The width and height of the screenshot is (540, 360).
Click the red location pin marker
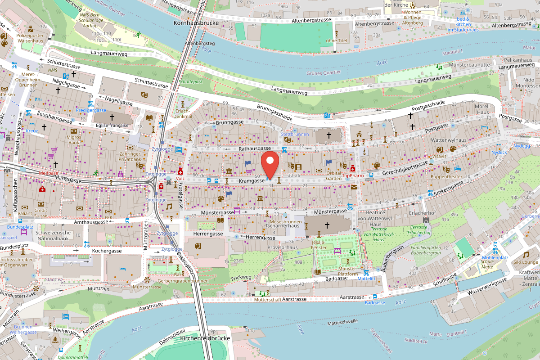coord(270,164)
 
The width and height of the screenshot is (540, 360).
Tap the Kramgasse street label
coord(251,180)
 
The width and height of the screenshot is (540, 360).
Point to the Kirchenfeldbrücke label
coord(205,338)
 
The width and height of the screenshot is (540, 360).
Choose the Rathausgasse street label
coord(254,148)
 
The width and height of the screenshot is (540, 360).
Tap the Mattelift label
coord(366,279)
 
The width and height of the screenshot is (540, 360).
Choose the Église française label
coord(112,126)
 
